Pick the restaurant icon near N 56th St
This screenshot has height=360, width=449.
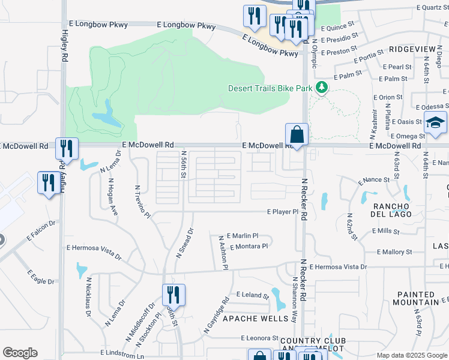pyautogui.click(x=173, y=295)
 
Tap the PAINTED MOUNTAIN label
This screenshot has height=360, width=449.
pyautogui.click(x=423, y=299)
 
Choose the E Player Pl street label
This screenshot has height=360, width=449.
pyautogui.click(x=283, y=212)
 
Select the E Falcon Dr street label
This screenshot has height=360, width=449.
pyautogui.click(x=41, y=231)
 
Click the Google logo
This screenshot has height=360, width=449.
pyautogui.click(x=20, y=353)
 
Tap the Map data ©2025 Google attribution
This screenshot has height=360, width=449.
pyautogui.click(x=411, y=355)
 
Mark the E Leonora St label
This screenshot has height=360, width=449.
pyautogui.click(x=260, y=338)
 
